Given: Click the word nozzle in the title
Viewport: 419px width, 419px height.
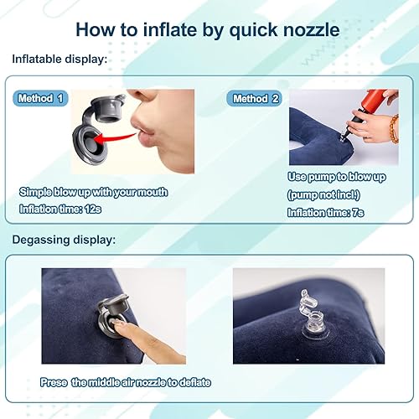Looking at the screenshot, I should coord(307,29).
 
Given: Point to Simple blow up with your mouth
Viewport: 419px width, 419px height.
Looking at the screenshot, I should coord(94,192).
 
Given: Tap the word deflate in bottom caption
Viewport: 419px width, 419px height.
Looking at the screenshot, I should coord(194,382).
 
